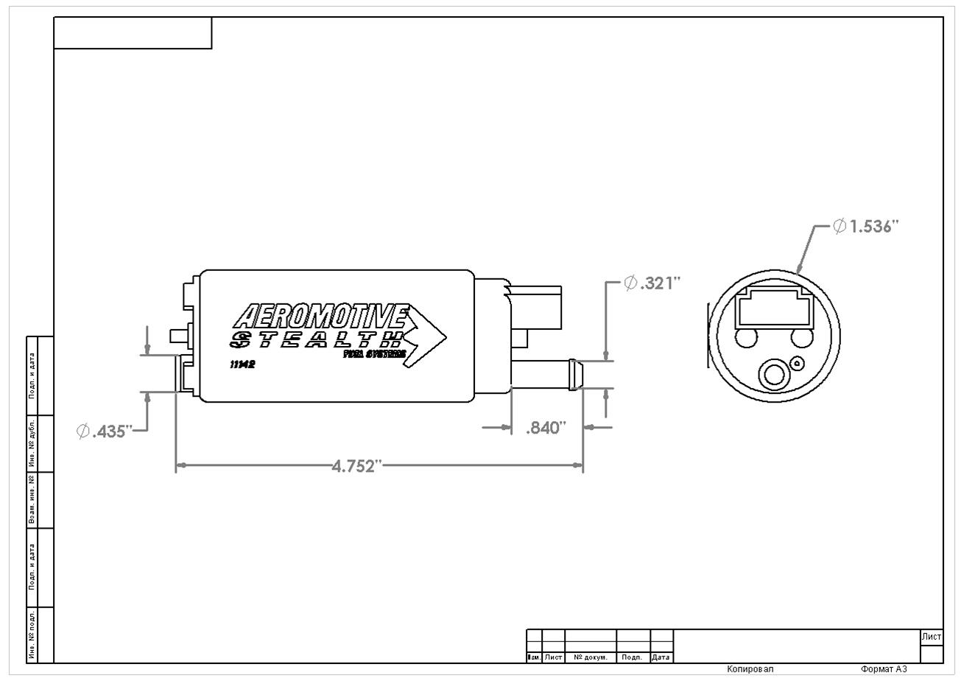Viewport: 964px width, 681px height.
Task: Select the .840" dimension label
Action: [x=546, y=428]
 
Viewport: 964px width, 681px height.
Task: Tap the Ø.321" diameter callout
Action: [x=652, y=283]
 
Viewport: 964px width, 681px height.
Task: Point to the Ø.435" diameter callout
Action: [x=104, y=431]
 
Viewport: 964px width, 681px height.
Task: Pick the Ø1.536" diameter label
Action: [x=866, y=227]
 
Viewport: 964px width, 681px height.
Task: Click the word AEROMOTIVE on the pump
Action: [x=320, y=317]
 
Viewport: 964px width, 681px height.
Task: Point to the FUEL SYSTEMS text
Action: [x=374, y=354]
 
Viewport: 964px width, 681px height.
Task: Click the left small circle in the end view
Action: [x=746, y=338]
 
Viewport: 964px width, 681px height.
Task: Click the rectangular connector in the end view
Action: [x=773, y=308]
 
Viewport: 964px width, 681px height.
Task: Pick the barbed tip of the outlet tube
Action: [x=575, y=373]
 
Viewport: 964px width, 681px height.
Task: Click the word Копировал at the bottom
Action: [x=750, y=669]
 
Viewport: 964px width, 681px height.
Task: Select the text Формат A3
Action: [x=883, y=669]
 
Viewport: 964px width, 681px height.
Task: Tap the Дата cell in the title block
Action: [x=661, y=657]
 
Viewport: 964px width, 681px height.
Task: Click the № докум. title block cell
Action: [x=590, y=657]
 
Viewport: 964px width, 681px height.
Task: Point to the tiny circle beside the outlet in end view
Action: [x=798, y=362]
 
